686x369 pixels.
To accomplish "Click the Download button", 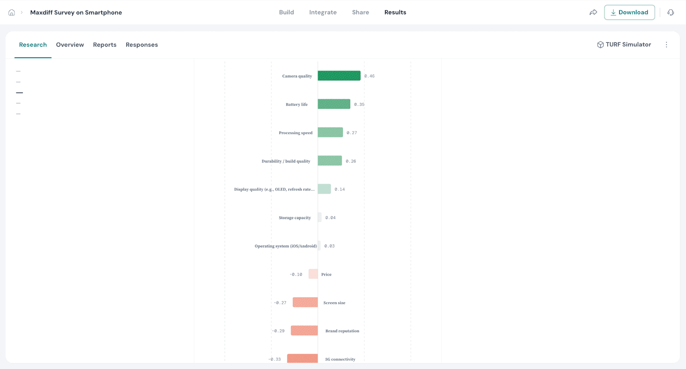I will [x=629, y=12].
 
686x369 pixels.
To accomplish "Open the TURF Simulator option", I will [x=624, y=45].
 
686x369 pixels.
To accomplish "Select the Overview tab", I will [x=70, y=45].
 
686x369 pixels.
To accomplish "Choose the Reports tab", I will [x=105, y=45].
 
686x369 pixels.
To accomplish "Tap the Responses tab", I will [x=141, y=45].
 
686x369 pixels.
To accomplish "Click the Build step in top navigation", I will [x=286, y=12].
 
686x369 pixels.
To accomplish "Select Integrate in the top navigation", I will [x=323, y=12].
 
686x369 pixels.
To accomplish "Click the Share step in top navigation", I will [x=360, y=12].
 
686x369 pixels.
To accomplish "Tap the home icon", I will [x=12, y=12].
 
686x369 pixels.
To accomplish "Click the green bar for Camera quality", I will [x=339, y=76].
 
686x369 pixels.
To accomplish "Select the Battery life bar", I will [x=334, y=104].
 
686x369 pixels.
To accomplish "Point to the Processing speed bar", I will [x=330, y=132].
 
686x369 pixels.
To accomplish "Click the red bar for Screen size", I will [x=305, y=302].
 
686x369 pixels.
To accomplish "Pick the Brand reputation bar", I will [x=304, y=330].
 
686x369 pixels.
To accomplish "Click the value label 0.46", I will [x=369, y=76].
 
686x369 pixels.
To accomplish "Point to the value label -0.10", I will [x=296, y=274].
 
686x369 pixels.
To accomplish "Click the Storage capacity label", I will [x=295, y=218].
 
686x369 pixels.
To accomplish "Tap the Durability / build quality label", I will [x=286, y=161].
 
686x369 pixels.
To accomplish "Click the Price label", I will [x=326, y=274].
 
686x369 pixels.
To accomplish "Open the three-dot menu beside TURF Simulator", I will [x=666, y=45].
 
